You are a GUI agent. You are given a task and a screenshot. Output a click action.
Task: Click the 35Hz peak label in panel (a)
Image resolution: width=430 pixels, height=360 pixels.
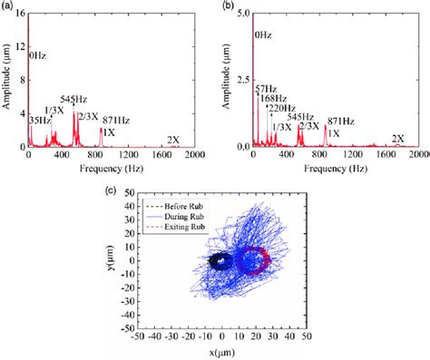click(39, 119)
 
